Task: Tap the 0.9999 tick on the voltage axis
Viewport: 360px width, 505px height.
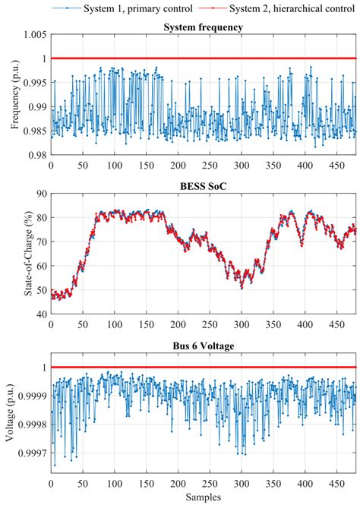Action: tap(30, 396)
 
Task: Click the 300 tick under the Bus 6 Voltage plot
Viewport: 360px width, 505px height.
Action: tap(241, 484)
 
